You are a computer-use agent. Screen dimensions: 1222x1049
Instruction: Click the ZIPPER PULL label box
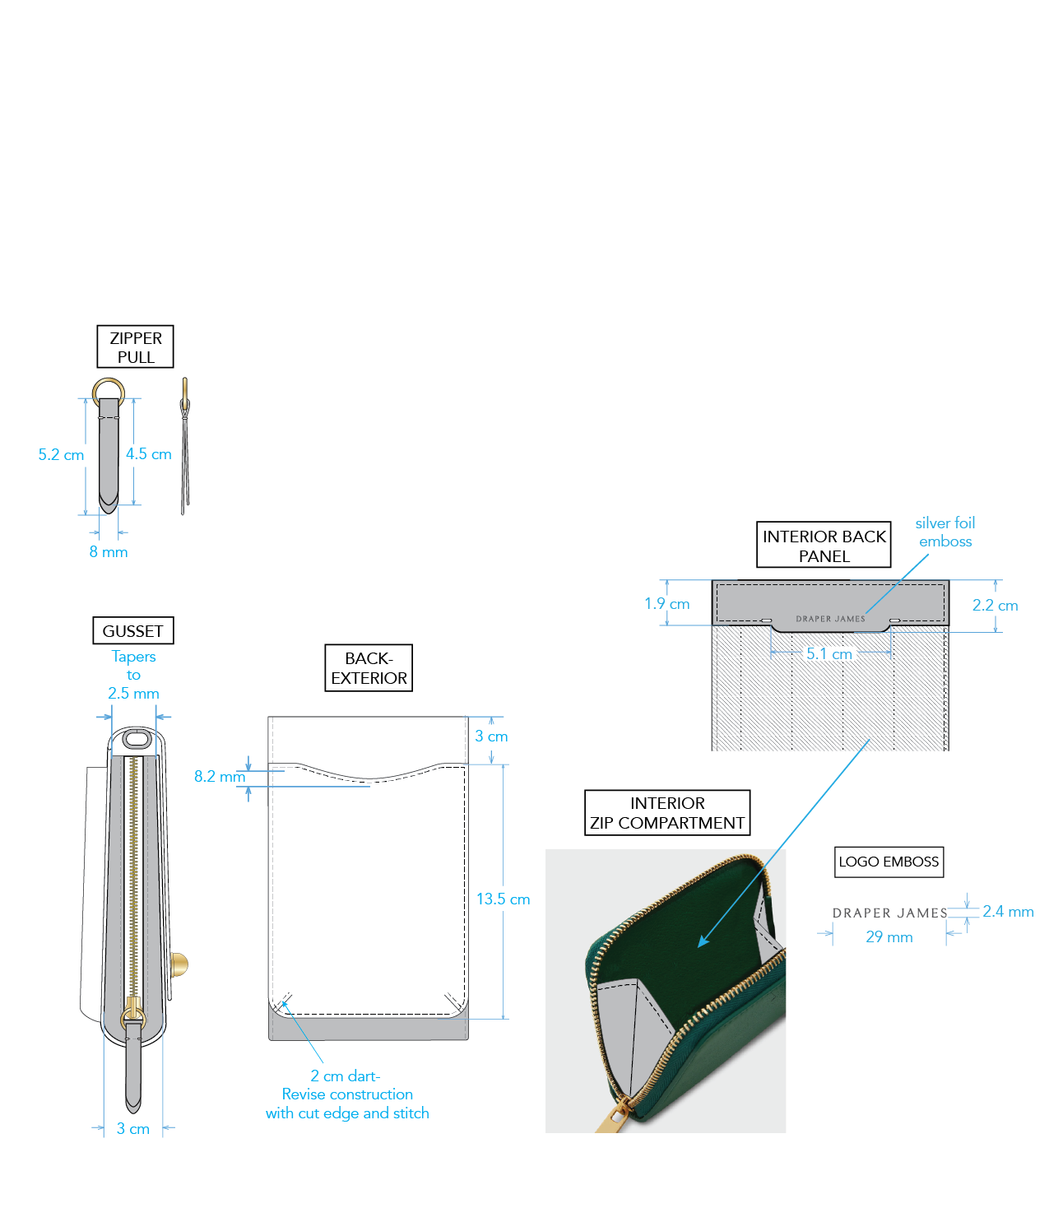tap(136, 346)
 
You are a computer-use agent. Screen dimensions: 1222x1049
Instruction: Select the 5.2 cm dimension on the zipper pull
tap(61, 455)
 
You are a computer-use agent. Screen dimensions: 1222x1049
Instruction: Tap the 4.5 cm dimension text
tap(149, 454)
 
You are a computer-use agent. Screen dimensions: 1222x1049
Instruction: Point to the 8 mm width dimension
tap(109, 552)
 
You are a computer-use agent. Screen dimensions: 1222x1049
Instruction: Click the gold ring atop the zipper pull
tap(109, 389)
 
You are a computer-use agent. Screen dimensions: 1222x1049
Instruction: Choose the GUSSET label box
tap(133, 631)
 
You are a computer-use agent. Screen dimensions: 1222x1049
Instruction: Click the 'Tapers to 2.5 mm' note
tap(133, 675)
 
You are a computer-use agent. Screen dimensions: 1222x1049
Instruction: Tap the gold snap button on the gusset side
tap(179, 964)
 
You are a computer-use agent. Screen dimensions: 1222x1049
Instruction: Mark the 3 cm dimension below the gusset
tap(133, 1129)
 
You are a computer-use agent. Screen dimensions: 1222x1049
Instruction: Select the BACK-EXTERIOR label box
tap(369, 668)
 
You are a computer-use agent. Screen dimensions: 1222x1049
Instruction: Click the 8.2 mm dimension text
tap(219, 777)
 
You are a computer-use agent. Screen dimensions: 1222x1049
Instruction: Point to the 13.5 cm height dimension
tap(503, 899)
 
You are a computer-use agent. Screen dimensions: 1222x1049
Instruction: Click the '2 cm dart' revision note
tap(347, 1094)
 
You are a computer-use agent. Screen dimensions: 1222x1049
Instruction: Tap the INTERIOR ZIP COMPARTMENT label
tap(667, 813)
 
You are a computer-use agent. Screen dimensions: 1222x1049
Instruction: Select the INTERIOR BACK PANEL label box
tap(824, 546)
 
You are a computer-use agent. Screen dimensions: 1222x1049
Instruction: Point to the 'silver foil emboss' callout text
tap(945, 532)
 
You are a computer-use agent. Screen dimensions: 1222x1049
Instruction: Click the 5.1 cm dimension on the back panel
tap(829, 654)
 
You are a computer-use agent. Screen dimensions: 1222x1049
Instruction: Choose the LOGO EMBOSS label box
tap(889, 862)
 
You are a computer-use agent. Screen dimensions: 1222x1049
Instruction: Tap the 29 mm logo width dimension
tap(889, 937)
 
